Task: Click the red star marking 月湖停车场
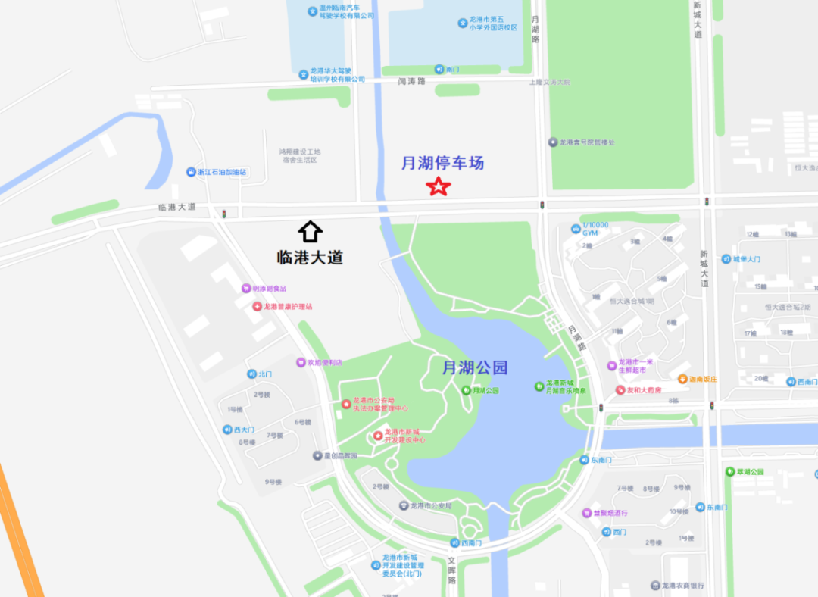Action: pos(438,186)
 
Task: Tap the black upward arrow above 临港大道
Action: pos(311,231)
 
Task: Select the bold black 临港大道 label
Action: pos(310,258)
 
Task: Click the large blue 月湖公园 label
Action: pos(475,368)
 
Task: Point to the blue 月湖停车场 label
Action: pos(442,163)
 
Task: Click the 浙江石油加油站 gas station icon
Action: pos(191,172)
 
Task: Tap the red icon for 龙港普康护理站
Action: pos(258,307)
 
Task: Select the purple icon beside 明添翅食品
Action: pos(246,288)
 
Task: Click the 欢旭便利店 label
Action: pos(324,363)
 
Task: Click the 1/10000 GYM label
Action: pos(595,229)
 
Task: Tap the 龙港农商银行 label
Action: pos(682,586)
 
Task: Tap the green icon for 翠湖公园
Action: pos(729,472)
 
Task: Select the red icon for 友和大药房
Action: pos(620,390)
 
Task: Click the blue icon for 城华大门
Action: pos(726,259)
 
